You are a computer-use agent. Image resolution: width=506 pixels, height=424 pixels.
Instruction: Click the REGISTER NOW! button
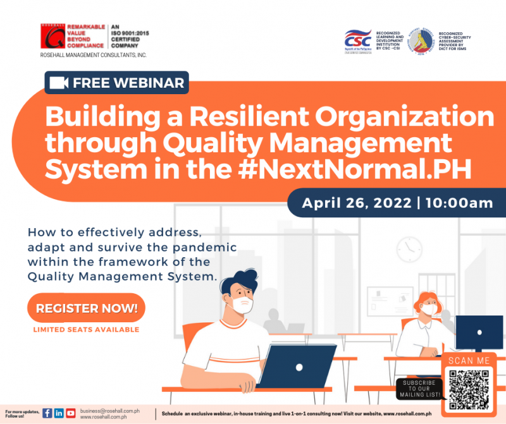[86, 309]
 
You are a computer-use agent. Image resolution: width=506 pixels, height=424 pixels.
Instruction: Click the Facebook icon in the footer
[47, 413]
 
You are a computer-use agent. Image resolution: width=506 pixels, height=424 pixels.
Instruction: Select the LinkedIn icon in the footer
[59, 413]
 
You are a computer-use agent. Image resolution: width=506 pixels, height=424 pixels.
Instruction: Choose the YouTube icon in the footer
[70, 413]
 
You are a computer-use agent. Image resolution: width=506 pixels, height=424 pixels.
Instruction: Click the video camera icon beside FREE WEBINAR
[59, 83]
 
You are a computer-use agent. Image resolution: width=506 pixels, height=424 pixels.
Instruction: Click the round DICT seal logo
[420, 41]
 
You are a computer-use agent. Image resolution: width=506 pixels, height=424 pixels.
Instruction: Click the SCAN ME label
[469, 361]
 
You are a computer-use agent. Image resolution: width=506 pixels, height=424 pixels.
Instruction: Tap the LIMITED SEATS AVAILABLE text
[86, 330]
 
